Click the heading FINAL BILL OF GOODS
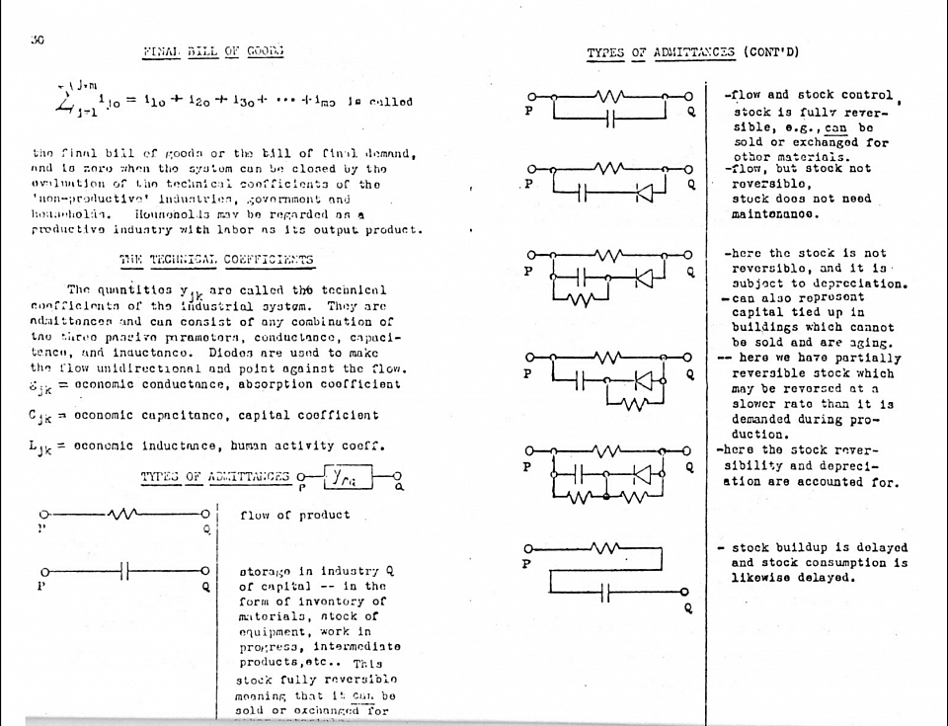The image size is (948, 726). click(214, 51)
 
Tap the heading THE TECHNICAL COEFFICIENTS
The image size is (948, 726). click(216, 260)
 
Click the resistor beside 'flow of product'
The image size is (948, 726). click(124, 515)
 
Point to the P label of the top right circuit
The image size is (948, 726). click(529, 111)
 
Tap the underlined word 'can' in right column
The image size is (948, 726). click(835, 127)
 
